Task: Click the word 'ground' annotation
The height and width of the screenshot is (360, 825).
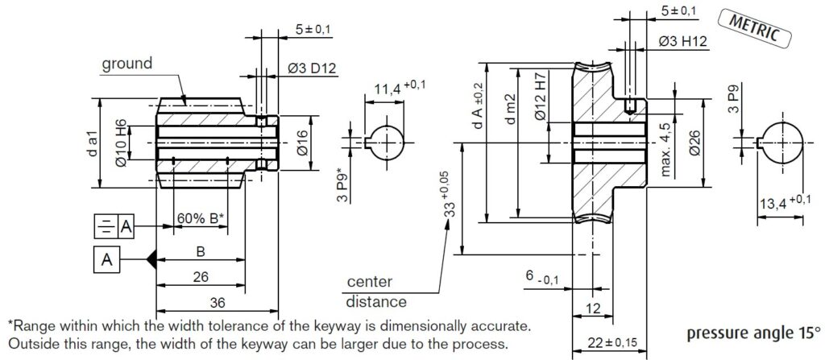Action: (x=126, y=64)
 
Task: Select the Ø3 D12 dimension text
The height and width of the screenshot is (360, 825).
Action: (x=311, y=69)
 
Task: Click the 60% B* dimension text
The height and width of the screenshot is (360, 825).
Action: (x=200, y=218)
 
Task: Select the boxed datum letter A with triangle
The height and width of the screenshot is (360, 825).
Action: (x=107, y=259)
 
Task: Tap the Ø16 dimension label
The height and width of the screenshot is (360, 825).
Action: (x=302, y=144)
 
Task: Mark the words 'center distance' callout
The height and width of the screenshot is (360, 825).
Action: (x=375, y=292)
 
